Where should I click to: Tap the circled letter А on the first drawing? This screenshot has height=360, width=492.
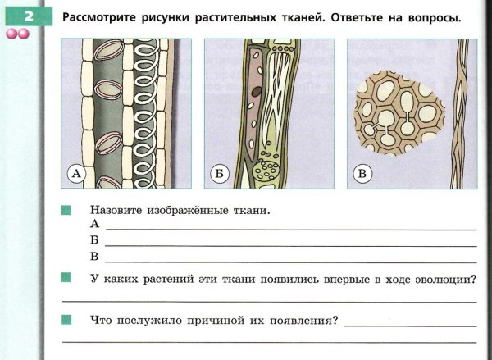pyautogui.click(x=75, y=174)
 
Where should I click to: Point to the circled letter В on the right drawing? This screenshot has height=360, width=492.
pyautogui.click(x=362, y=174)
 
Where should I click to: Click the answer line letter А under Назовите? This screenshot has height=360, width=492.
pyautogui.click(x=95, y=224)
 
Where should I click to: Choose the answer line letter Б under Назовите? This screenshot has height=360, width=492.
pyautogui.click(x=95, y=240)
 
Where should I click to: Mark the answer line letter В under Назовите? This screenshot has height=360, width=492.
pyautogui.click(x=95, y=257)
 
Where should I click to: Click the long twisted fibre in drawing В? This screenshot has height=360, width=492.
pyautogui.click(x=460, y=115)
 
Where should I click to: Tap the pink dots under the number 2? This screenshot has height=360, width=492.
pyautogui.click(x=17, y=34)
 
